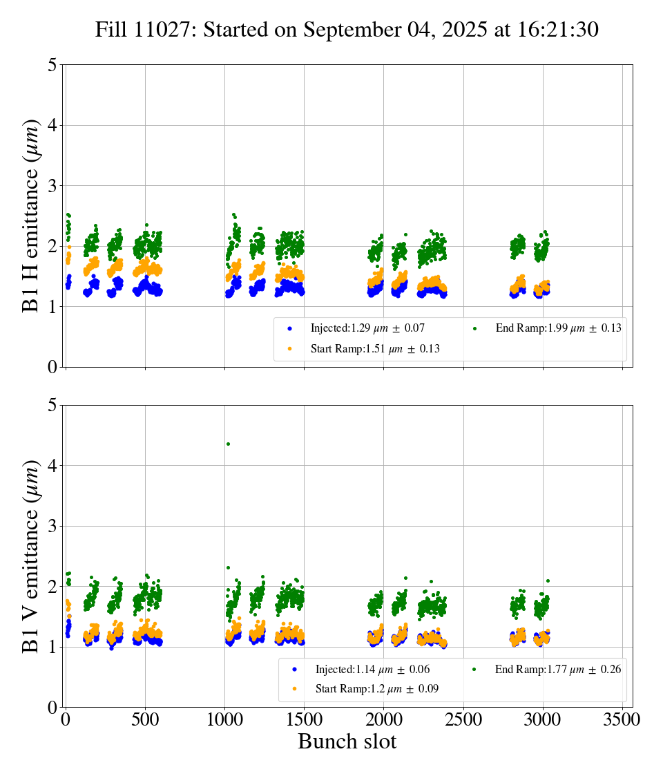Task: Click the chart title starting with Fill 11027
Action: click(347, 30)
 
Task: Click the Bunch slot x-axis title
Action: click(347, 742)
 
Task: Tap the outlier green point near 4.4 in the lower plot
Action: click(228, 444)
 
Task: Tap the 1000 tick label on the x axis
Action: click(224, 720)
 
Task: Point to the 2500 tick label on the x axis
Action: click(463, 720)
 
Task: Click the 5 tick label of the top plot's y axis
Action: click(52, 66)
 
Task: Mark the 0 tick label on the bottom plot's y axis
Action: click(52, 708)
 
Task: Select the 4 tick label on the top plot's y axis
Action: click(52, 126)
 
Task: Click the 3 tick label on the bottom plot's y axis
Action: click(52, 527)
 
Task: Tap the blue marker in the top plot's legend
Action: click(290, 328)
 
